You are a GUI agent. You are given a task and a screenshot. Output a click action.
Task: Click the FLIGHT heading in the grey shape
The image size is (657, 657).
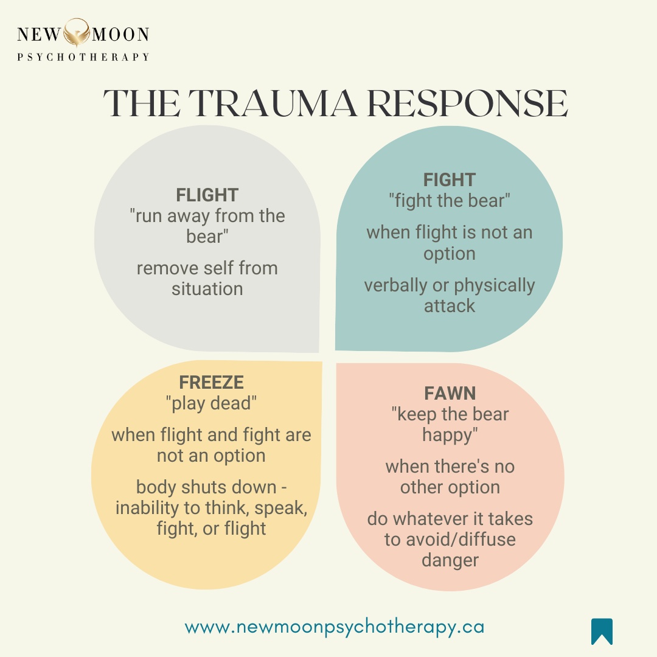(x=207, y=195)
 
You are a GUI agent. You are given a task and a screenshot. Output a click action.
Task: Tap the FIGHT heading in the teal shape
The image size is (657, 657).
(x=450, y=179)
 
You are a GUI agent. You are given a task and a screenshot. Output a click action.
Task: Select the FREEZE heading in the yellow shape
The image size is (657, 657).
(x=211, y=382)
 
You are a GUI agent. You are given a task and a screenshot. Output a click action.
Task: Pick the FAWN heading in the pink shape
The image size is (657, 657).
(x=450, y=394)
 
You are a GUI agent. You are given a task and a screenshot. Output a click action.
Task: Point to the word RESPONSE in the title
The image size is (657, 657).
(x=467, y=104)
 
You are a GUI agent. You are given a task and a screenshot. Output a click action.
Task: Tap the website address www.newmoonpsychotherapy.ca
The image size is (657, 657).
(x=335, y=627)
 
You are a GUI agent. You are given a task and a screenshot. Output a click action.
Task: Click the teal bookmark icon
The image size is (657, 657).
(x=602, y=631)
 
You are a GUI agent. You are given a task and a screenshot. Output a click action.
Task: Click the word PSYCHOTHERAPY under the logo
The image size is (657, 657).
(x=83, y=57)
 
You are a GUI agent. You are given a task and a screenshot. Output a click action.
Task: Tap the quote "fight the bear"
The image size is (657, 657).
(x=450, y=200)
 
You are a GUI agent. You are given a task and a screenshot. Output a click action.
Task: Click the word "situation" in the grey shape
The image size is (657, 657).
(x=207, y=289)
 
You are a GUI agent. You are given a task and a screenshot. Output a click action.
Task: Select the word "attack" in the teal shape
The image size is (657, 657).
(x=450, y=306)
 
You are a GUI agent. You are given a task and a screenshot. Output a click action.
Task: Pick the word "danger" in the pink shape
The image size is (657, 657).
(x=450, y=560)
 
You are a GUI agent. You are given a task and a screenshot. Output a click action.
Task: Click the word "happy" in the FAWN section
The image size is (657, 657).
(x=450, y=435)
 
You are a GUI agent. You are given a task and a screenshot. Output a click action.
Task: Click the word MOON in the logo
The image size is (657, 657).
(x=119, y=34)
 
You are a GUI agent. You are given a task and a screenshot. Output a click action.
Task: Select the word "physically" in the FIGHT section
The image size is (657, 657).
(x=495, y=285)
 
